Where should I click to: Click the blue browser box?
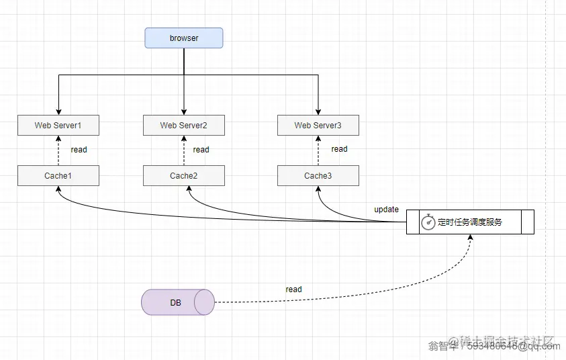point(183,38)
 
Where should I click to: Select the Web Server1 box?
point(58,125)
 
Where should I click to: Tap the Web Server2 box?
point(183,125)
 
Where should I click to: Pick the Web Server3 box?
point(318,125)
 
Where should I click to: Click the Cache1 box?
point(58,176)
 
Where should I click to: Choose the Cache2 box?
point(183,176)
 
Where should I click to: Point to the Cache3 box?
point(318,176)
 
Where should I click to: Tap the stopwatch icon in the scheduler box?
point(428,222)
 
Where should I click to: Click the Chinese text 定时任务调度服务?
point(470,222)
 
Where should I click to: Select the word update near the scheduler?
point(386,210)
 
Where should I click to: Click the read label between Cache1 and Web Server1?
point(79,150)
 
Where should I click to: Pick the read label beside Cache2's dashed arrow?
point(201,150)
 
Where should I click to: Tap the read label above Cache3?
point(339,149)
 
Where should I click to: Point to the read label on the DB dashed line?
point(293,289)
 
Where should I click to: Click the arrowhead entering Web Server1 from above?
point(58,111)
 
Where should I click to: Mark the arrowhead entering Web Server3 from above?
point(318,111)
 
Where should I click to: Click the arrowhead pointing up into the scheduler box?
point(470,238)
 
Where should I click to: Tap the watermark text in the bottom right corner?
point(493,345)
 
